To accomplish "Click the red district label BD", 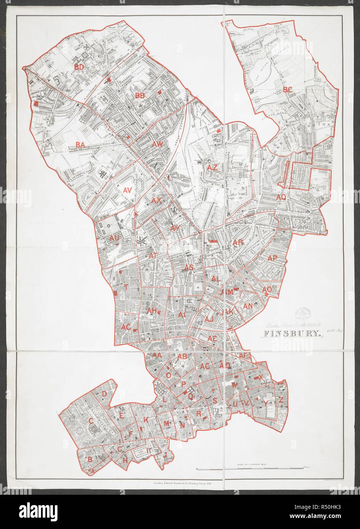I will point(79,67).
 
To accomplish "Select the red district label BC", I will point(287,90).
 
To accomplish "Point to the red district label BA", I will point(80,145).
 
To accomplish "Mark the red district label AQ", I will point(281,197).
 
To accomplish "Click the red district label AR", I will point(238,242).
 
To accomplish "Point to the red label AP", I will point(272,258).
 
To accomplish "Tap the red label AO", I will point(267,290).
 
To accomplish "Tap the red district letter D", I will point(104,394).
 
